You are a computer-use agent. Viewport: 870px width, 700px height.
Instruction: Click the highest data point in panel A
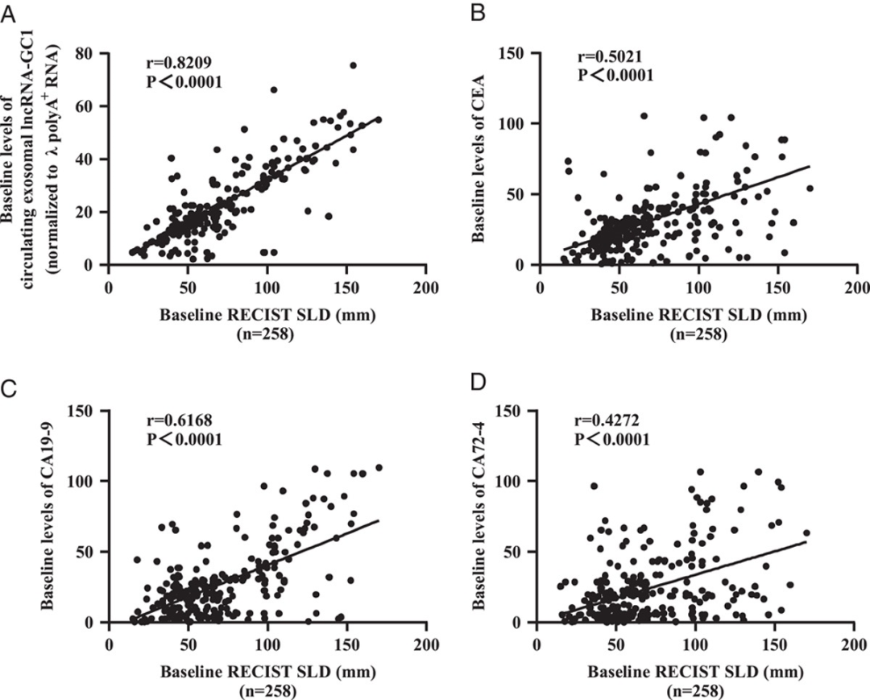(x=352, y=65)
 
